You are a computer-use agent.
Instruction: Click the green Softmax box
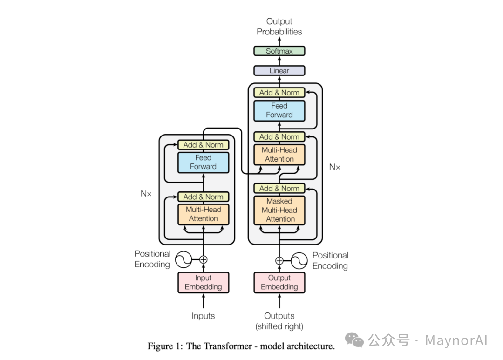[x=279, y=51]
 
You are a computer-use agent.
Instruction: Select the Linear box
[x=279, y=71]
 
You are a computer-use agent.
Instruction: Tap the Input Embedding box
[x=204, y=283]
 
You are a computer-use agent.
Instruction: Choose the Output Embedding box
[x=279, y=283]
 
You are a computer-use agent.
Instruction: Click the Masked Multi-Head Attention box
[x=279, y=210]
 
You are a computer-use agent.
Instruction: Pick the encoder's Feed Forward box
[x=204, y=162]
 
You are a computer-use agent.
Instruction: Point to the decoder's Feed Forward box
[x=279, y=110]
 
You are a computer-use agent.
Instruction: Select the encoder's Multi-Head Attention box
[x=204, y=214]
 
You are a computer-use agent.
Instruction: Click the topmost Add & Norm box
[x=279, y=93]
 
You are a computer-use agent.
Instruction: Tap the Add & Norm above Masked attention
[x=279, y=189]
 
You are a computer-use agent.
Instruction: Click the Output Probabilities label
[x=279, y=27]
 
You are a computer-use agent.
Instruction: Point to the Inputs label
[x=204, y=316]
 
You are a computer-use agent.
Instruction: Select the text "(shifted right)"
[x=279, y=326]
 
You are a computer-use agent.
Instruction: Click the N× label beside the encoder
[x=146, y=193]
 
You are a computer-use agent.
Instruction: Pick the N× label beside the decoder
[x=335, y=167]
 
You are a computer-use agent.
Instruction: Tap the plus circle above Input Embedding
[x=204, y=260]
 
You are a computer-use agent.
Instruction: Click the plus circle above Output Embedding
[x=279, y=260]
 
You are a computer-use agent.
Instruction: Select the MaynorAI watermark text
[x=456, y=340]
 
